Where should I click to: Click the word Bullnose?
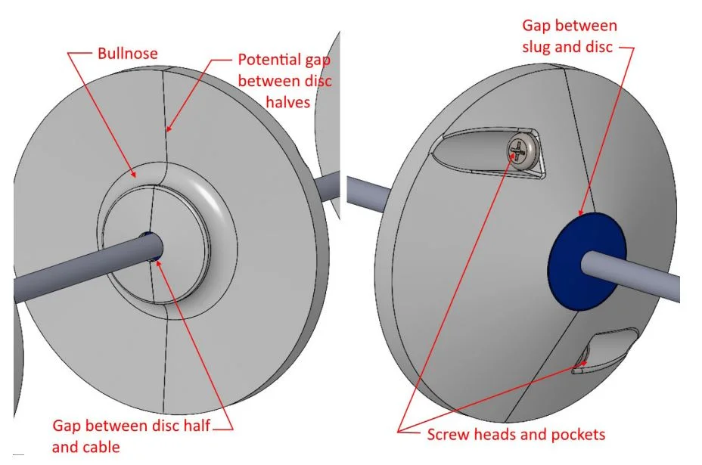pyautogui.click(x=128, y=53)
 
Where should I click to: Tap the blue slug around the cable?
pyautogui.click(x=586, y=262)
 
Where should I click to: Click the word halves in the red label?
pyautogui.click(x=288, y=102)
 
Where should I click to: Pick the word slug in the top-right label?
pyautogui.click(x=537, y=47)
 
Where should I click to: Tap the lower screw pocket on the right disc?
pyautogui.click(x=605, y=351)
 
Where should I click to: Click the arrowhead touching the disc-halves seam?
pyautogui.click(x=169, y=129)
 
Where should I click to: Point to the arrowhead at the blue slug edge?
pyautogui.click(x=582, y=212)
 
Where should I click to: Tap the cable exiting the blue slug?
pyautogui.click(x=631, y=276)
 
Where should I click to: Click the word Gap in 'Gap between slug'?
pyautogui.click(x=536, y=26)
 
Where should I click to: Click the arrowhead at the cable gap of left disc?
pyautogui.click(x=158, y=263)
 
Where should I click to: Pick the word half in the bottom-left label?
pyautogui.click(x=197, y=425)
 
